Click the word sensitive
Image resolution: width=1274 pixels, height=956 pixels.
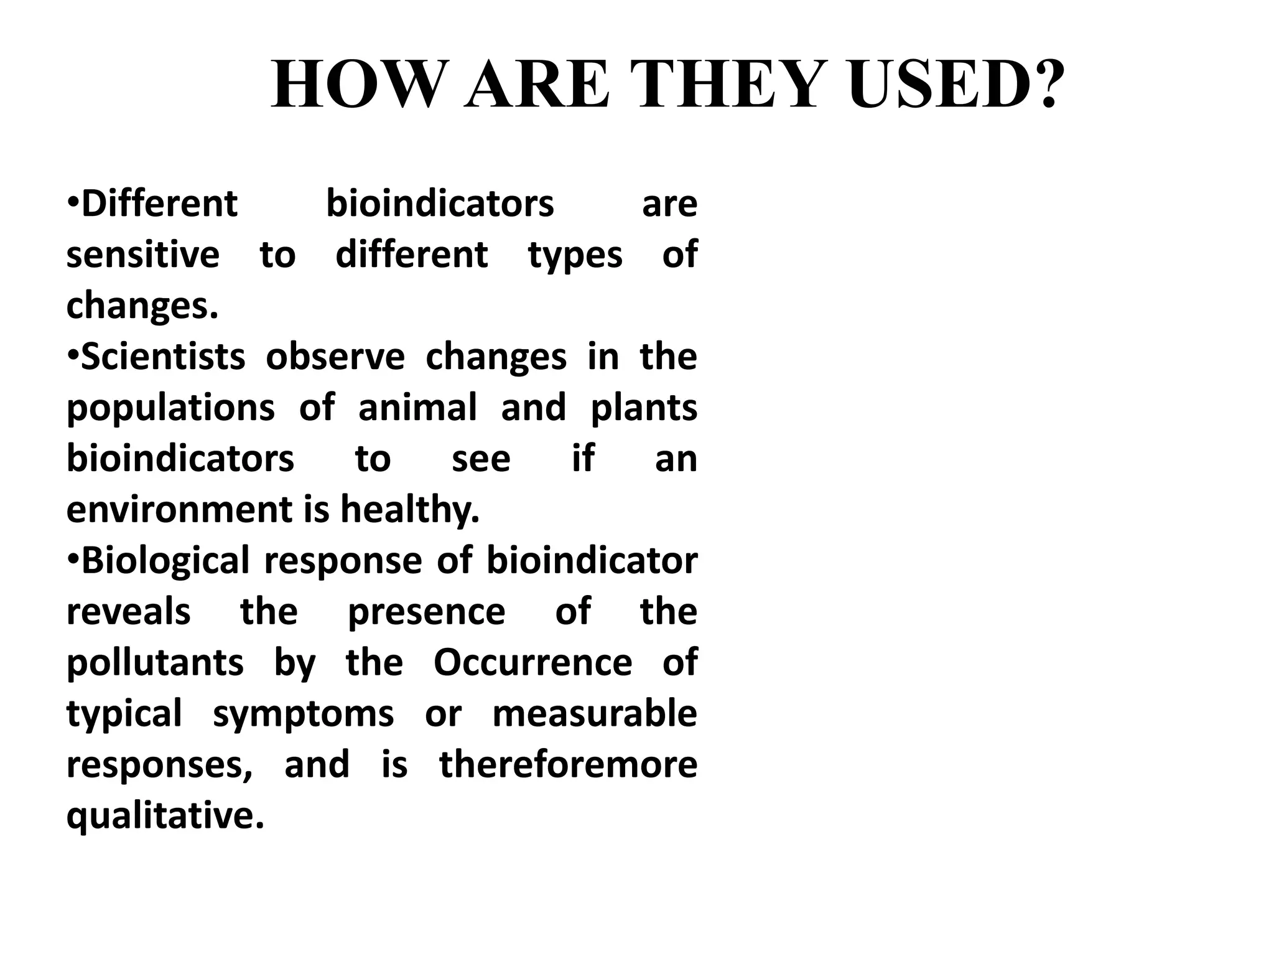click(143, 255)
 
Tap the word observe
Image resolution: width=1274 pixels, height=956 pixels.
click(335, 357)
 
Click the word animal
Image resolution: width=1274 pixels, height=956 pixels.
click(417, 408)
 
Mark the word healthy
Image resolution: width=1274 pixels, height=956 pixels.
click(410, 510)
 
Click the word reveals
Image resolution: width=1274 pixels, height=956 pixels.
click(128, 612)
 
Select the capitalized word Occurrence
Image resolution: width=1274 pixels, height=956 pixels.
click(532, 663)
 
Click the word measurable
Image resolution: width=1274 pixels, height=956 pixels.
click(595, 715)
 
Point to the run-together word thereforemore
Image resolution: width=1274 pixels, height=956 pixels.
click(569, 766)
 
